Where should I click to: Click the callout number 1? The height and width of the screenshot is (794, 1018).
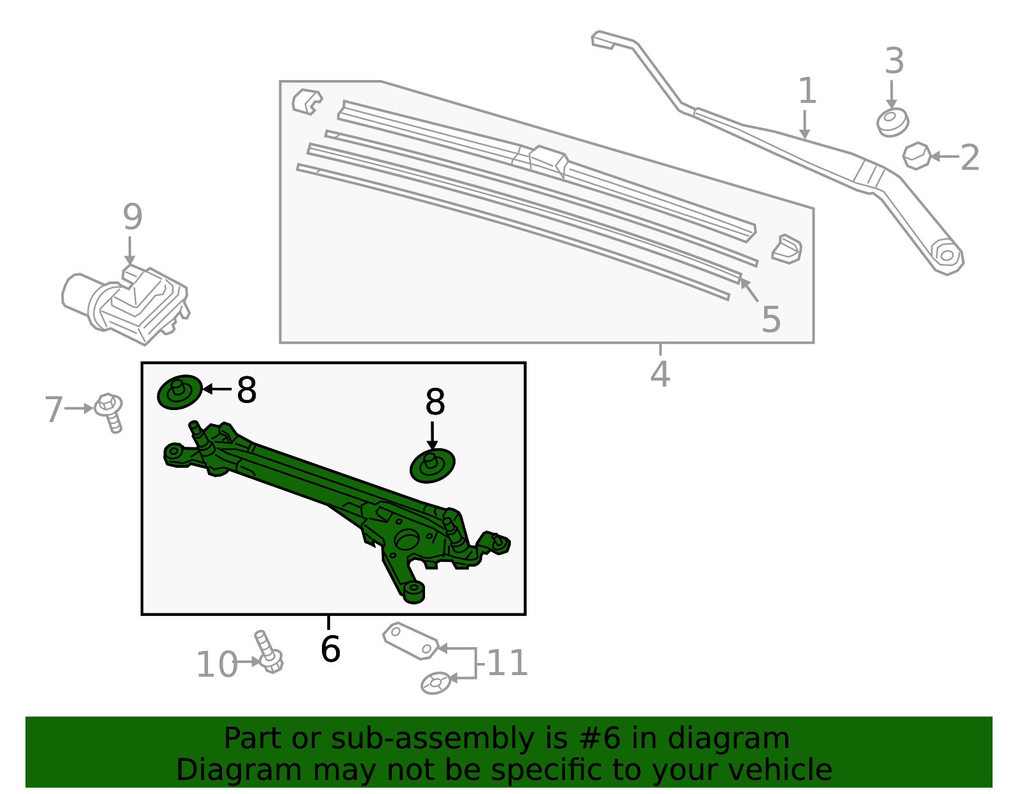[x=807, y=91]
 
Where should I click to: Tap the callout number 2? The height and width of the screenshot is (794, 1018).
[x=969, y=158]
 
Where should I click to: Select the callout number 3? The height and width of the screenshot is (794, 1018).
[x=894, y=62]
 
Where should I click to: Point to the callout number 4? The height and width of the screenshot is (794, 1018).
[x=660, y=374]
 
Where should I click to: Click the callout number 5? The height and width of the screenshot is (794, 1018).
[x=770, y=319]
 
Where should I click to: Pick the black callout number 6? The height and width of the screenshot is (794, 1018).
[x=330, y=649]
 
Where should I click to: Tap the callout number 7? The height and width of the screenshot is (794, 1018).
[x=54, y=409]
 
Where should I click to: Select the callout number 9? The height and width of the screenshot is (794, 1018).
[x=132, y=217]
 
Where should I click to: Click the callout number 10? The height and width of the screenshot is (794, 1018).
[x=216, y=665]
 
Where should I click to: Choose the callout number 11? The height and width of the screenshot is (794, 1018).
[x=507, y=663]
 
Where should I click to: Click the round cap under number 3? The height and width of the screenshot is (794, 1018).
[x=893, y=123]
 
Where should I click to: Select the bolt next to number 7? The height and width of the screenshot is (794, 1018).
[x=109, y=413]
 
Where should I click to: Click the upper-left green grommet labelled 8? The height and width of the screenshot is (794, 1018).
[x=179, y=392]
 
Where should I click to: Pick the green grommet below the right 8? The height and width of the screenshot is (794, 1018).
[x=433, y=465]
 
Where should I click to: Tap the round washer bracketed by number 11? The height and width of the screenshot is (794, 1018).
[x=436, y=683]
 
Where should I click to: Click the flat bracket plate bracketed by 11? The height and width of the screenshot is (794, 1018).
[x=410, y=641]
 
